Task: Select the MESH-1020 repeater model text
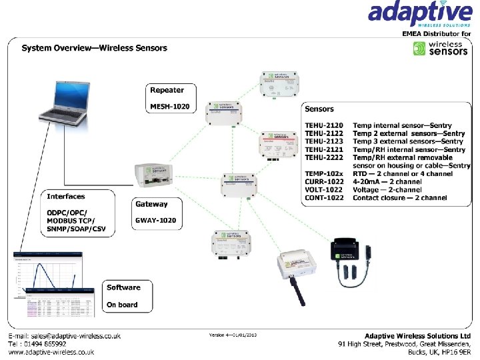click(169, 107)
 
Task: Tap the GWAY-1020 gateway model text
click(155, 221)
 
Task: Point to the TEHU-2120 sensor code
click(324, 125)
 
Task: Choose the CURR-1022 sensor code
click(324, 182)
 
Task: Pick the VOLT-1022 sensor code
click(324, 190)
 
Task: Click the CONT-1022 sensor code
click(324, 198)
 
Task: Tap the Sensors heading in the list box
click(319, 109)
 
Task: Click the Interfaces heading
click(66, 197)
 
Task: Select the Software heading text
click(123, 288)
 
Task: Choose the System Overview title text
click(95, 48)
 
